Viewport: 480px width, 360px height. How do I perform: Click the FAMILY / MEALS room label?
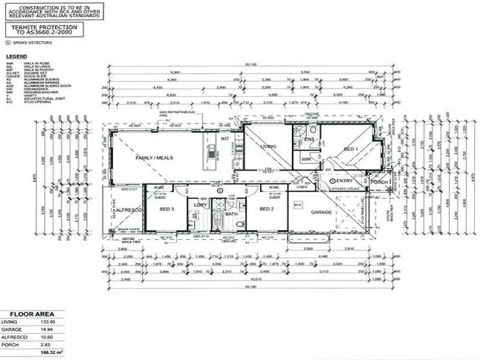tap(154, 157)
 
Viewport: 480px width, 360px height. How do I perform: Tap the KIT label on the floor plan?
tap(225, 139)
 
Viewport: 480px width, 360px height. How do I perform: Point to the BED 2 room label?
tap(266, 208)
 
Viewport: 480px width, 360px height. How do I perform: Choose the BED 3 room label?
tap(167, 208)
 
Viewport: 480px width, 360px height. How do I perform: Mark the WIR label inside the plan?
tap(306, 160)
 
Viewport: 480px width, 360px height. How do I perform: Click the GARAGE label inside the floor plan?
tap(321, 212)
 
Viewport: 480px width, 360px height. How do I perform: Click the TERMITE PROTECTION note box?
tap(43, 30)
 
